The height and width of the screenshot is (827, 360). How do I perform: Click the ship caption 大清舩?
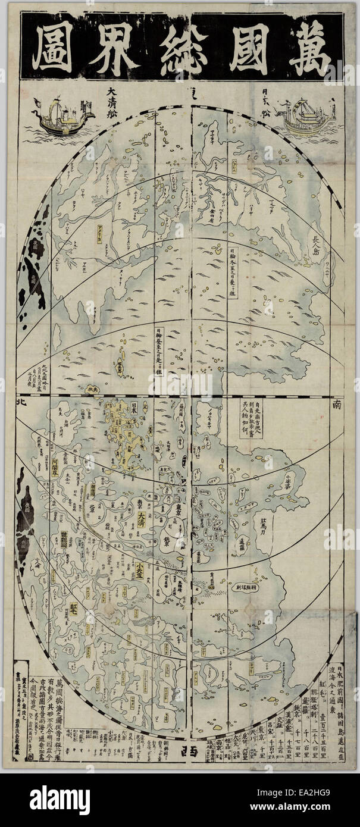pyautogui.click(x=117, y=94)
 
